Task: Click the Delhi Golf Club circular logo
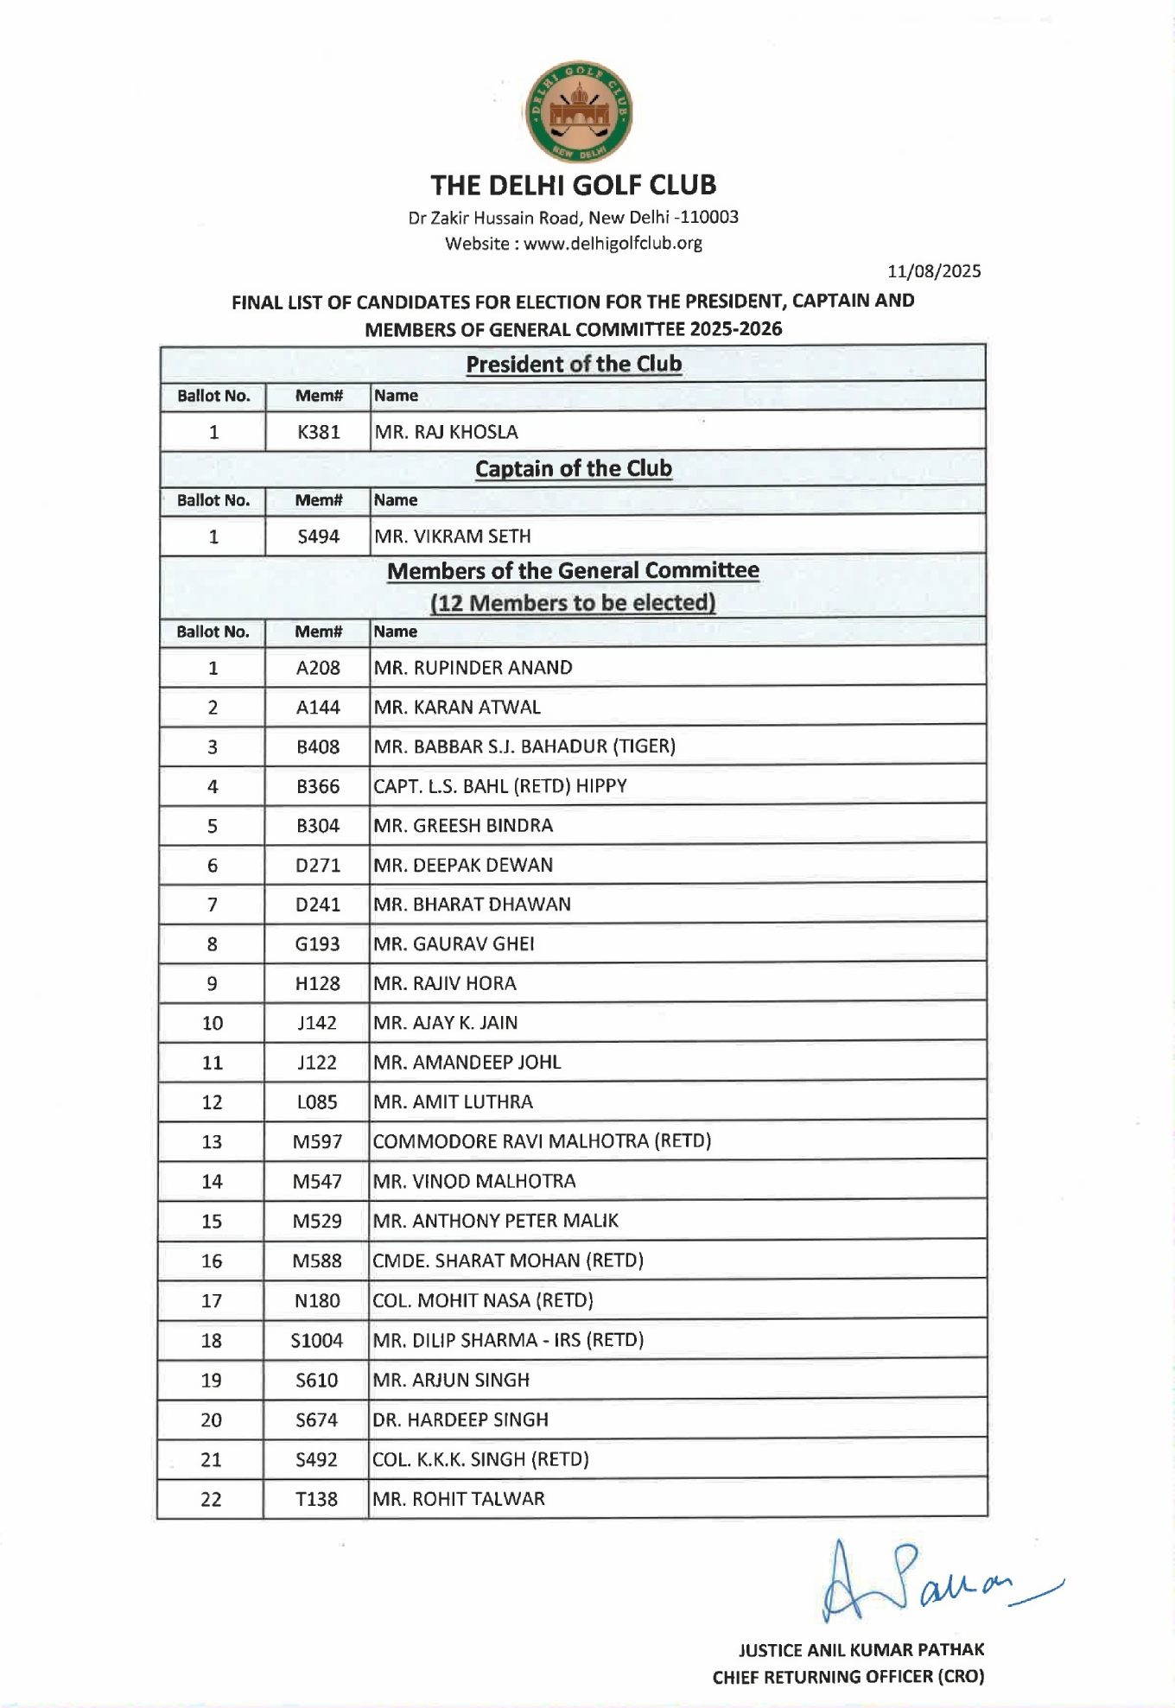click(578, 111)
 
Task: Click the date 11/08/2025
click(934, 271)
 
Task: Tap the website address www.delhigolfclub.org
click(613, 244)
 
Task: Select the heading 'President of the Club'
click(574, 364)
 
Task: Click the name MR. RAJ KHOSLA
click(446, 432)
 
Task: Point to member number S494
click(318, 537)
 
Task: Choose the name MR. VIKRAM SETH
click(453, 537)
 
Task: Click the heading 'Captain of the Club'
click(574, 468)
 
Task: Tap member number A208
click(318, 668)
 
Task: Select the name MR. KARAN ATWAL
click(457, 708)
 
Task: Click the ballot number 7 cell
click(213, 905)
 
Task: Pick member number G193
click(317, 944)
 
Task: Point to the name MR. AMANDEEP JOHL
click(467, 1063)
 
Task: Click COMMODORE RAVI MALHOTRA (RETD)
click(542, 1141)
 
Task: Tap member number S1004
click(316, 1341)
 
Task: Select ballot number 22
click(211, 1499)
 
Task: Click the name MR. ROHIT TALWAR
click(458, 1499)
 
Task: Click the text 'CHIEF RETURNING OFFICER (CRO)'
click(848, 1677)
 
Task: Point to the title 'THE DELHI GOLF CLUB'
click(574, 185)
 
